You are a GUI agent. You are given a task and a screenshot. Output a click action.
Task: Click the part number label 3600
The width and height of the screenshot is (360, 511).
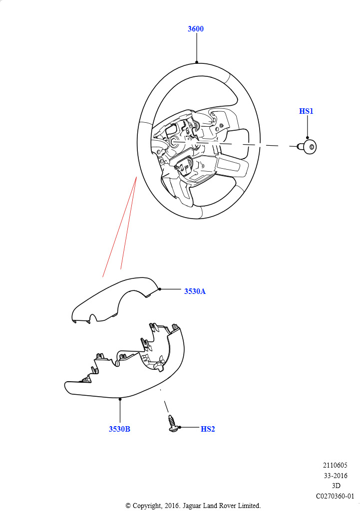coord(196,28)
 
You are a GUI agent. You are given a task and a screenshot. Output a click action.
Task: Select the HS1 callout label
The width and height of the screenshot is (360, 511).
coord(306,111)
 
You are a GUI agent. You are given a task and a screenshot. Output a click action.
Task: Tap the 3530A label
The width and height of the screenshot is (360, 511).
coord(195,291)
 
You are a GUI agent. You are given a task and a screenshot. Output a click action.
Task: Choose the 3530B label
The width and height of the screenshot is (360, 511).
coord(119,429)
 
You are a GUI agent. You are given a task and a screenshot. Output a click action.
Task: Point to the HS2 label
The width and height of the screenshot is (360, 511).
coord(208,429)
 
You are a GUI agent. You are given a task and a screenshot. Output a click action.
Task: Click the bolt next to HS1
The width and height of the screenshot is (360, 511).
coord(308,147)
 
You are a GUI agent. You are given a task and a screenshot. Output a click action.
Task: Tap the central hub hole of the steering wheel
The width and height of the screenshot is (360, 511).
coord(173,141)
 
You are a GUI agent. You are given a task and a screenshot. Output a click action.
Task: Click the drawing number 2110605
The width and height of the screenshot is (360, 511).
coord(335,465)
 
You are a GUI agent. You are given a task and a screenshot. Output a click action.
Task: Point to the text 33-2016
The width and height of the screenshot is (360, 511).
coord(336,476)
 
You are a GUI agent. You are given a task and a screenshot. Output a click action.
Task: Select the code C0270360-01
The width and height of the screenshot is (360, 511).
coord(335,496)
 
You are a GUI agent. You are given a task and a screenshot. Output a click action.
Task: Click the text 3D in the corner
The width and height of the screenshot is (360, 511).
coord(336,486)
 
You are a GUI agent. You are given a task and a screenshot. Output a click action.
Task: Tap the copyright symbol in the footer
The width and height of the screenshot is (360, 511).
coord(128,506)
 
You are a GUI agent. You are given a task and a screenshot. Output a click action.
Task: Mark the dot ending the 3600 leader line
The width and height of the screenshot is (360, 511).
coord(197,62)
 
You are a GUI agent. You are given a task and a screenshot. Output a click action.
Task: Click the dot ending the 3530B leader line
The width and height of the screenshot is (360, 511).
coord(120,399)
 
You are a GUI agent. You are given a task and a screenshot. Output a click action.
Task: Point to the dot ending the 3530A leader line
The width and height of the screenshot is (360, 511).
coord(159,289)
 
